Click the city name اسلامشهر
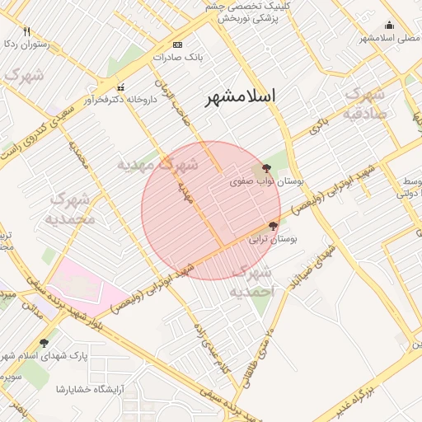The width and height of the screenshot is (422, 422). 241,96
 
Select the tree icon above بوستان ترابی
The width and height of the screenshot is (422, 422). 273,225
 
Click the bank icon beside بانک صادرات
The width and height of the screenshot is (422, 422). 178,45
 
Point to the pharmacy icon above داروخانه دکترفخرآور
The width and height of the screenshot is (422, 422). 121,87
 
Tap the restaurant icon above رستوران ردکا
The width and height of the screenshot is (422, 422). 26,32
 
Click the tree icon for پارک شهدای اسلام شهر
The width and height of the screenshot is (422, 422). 44,342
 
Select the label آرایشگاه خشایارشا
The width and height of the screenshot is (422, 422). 90,388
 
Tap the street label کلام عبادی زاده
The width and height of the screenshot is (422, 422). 209,346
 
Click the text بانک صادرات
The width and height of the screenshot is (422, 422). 178,58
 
